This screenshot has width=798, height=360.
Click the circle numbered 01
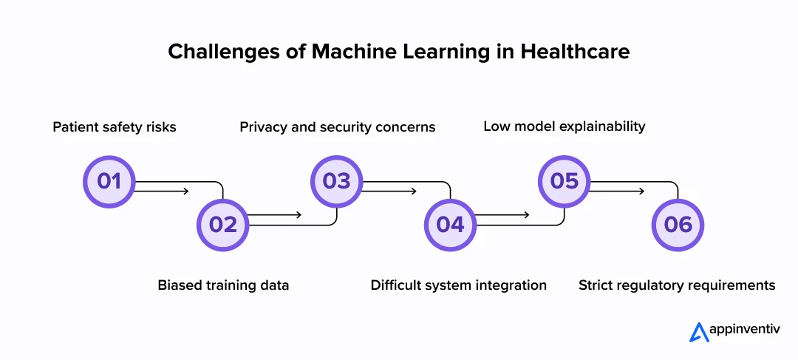click(109, 181)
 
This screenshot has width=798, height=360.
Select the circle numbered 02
click(223, 224)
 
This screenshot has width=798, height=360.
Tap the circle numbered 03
click(337, 181)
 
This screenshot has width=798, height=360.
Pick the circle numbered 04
click(451, 224)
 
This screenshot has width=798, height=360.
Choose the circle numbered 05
click(565, 181)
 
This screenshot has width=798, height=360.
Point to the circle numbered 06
click(678, 224)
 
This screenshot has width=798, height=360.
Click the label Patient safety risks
click(115, 127)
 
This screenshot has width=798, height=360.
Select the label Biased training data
click(223, 285)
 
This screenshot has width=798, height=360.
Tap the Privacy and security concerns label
click(338, 127)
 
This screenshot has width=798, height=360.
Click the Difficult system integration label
click(459, 285)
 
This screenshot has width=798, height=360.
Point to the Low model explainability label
click(565, 126)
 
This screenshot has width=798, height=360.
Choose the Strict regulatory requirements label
click(677, 285)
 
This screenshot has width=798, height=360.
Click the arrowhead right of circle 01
click(185, 191)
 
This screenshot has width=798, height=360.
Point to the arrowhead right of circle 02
click(298, 215)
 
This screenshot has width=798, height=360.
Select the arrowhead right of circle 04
click(525, 215)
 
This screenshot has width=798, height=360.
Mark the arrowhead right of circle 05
click(640, 191)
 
